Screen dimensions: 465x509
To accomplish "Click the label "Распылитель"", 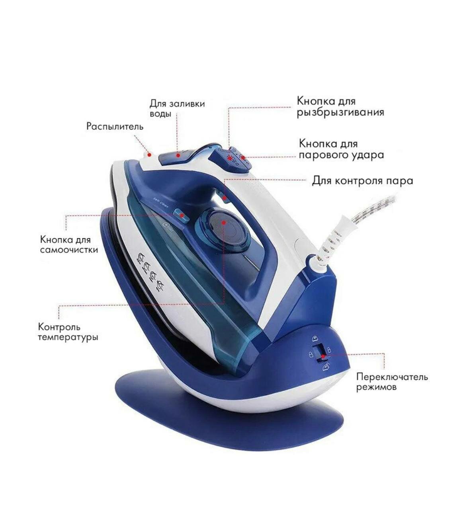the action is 115,126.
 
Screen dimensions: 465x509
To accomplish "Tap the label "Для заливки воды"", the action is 177,109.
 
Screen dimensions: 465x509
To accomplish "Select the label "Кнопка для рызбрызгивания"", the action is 340,107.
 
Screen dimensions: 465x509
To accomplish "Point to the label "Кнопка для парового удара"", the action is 341,149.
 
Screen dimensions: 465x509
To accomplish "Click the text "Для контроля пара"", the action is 362,181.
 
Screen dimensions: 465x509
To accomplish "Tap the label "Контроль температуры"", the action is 68,332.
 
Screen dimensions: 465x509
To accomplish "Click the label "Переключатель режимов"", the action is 392,381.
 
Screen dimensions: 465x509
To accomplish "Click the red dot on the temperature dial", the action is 224,223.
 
